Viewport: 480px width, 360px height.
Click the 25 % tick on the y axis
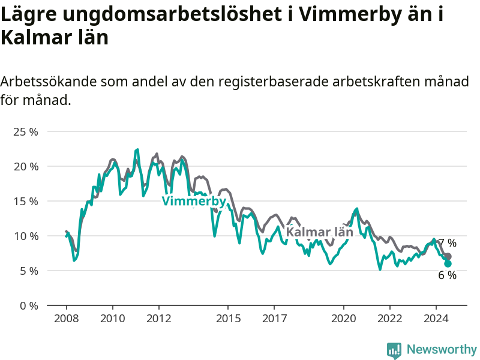click(x=26, y=132)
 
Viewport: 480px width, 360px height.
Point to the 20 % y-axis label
click(x=26, y=167)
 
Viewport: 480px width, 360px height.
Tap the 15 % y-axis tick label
click(x=26, y=202)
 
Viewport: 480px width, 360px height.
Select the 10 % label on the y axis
click(x=26, y=236)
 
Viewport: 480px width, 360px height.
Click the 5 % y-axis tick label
click(x=29, y=271)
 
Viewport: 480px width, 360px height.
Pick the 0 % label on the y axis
click(x=29, y=306)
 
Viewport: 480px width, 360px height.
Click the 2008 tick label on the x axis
click(x=67, y=319)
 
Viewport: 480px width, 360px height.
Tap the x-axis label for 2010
click(x=113, y=319)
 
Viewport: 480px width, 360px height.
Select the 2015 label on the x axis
click(x=229, y=319)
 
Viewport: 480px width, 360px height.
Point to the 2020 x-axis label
click(x=344, y=319)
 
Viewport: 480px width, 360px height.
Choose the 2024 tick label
click(x=436, y=319)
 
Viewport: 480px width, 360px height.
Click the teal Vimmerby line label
click(x=194, y=202)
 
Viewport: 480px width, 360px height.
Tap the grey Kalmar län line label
click(x=320, y=232)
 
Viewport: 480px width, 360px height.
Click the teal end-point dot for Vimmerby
click(x=448, y=263)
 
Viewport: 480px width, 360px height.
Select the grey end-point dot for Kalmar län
click(x=448, y=257)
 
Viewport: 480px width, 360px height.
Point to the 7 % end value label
click(x=448, y=243)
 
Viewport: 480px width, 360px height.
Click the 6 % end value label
click(x=447, y=275)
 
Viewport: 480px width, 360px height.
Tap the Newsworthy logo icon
click(x=394, y=350)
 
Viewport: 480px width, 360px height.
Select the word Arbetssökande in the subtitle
click(x=48, y=82)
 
